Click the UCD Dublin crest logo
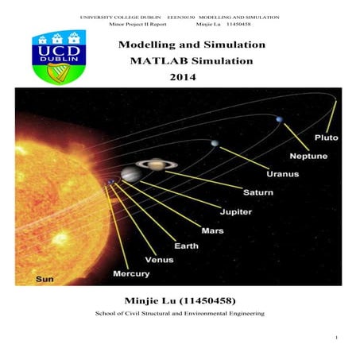(x=58, y=56)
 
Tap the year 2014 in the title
(x=182, y=77)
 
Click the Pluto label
(x=326, y=137)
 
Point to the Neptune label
(x=308, y=156)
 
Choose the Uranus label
(x=282, y=174)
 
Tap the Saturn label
(x=257, y=192)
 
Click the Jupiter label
(x=235, y=211)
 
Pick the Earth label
(x=187, y=246)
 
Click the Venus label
(x=159, y=260)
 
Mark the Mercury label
(x=131, y=273)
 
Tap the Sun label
(x=45, y=279)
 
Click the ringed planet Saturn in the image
(x=151, y=166)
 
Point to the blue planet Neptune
(x=278, y=120)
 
